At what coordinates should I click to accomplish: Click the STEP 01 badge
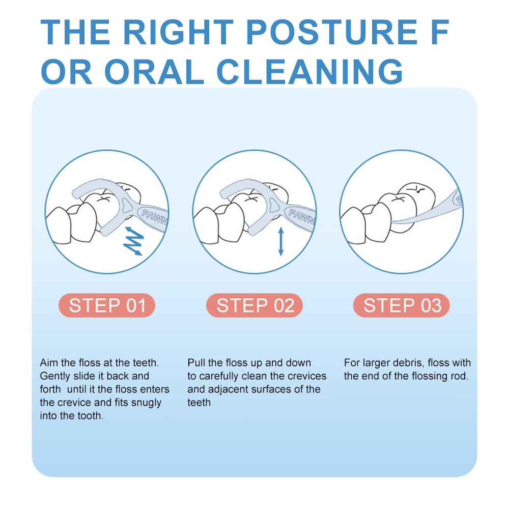[x=107, y=305]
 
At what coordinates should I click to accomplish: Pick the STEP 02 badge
[x=254, y=305]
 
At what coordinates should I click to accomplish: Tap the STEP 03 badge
[x=402, y=305]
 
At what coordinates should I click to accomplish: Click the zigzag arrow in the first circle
[x=133, y=241]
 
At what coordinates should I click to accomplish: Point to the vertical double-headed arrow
[x=281, y=241]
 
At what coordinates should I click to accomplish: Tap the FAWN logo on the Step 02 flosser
[x=302, y=217]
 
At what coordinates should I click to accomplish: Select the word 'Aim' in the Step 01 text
[x=49, y=362]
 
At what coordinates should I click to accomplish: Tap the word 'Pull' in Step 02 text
[x=196, y=362]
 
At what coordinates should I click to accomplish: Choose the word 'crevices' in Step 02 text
[x=306, y=376]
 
